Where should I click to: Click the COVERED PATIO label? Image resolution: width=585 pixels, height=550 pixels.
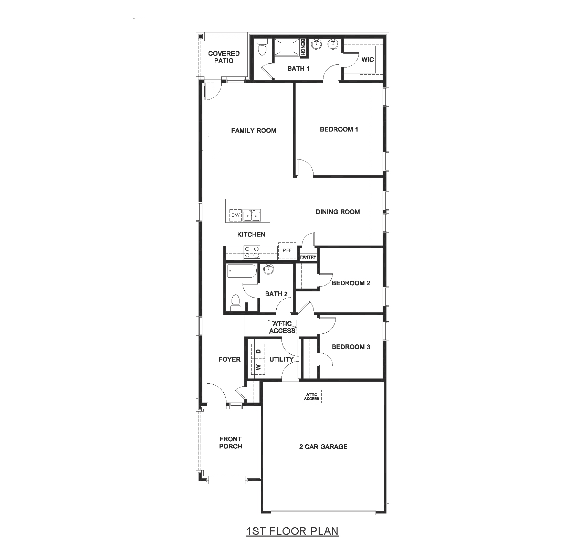224,57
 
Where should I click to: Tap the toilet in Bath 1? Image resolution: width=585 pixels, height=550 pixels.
263,47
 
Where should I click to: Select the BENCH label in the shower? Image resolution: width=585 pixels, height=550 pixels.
303,47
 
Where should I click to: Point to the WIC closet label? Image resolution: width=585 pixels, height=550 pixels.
368,59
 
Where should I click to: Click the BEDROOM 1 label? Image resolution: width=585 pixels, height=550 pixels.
339,129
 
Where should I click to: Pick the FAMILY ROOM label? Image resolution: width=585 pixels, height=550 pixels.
254,131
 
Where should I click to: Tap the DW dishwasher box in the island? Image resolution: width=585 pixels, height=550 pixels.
235,215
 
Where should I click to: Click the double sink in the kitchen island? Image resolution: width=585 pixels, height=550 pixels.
252,216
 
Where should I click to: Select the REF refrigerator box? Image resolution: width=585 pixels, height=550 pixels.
287,251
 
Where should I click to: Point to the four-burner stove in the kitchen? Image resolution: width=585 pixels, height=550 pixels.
252,252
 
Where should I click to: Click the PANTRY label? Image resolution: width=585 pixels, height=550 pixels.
308,257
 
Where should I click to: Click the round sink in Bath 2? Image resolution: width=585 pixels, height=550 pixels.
268,269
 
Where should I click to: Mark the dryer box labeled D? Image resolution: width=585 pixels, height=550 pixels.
259,352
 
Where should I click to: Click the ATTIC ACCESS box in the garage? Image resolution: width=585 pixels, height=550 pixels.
312,397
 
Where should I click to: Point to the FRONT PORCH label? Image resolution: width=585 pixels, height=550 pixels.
231,443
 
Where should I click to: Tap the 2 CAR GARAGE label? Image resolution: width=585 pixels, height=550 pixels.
323,447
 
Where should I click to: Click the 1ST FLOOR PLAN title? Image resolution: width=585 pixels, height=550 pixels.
292,531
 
